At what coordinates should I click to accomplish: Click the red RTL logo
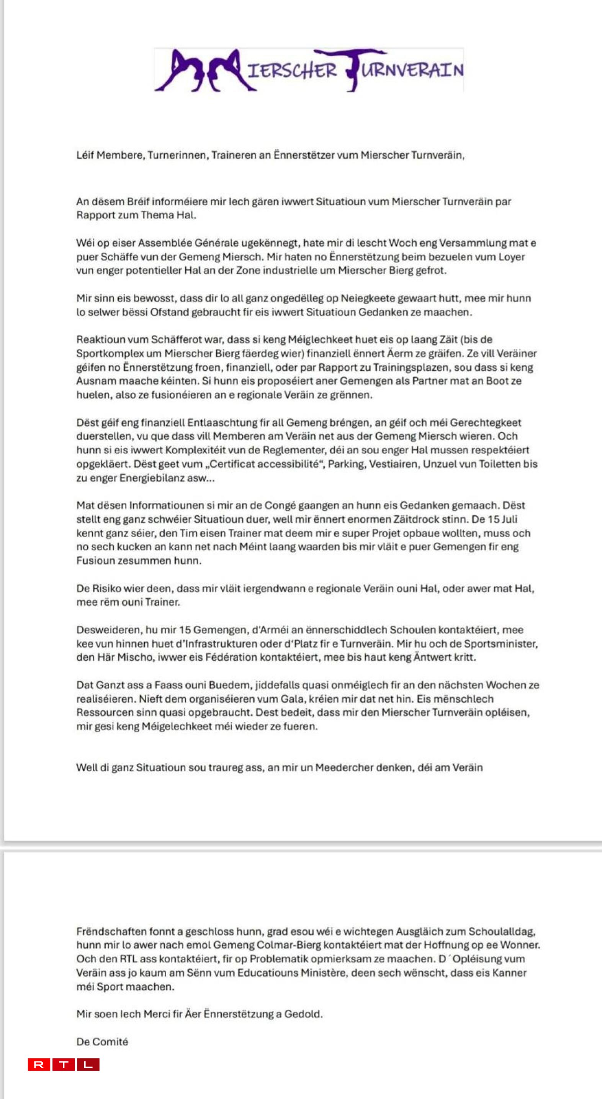point(64,1065)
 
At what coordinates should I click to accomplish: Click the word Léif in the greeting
point(85,155)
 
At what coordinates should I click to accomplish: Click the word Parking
point(344,464)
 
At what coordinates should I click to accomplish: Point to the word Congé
point(280,505)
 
